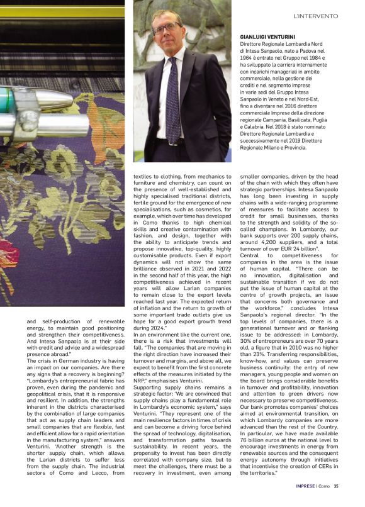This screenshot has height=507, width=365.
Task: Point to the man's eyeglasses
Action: (x=166, y=28)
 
